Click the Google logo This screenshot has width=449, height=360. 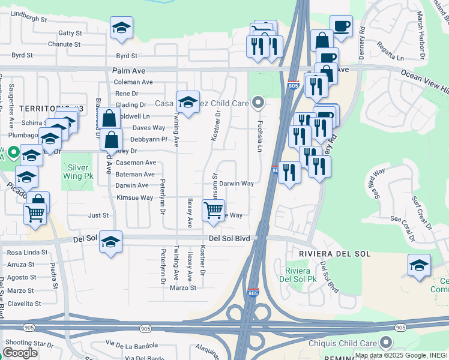point(20,352)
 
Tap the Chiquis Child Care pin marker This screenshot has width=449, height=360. point(385,343)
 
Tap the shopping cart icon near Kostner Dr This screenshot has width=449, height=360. point(214,211)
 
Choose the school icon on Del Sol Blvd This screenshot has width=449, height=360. point(110,241)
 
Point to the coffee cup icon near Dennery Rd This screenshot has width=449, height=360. point(341,26)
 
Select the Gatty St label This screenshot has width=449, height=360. point(70,33)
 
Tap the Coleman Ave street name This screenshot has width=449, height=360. point(133,82)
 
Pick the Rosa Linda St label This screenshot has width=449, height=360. point(27,253)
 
